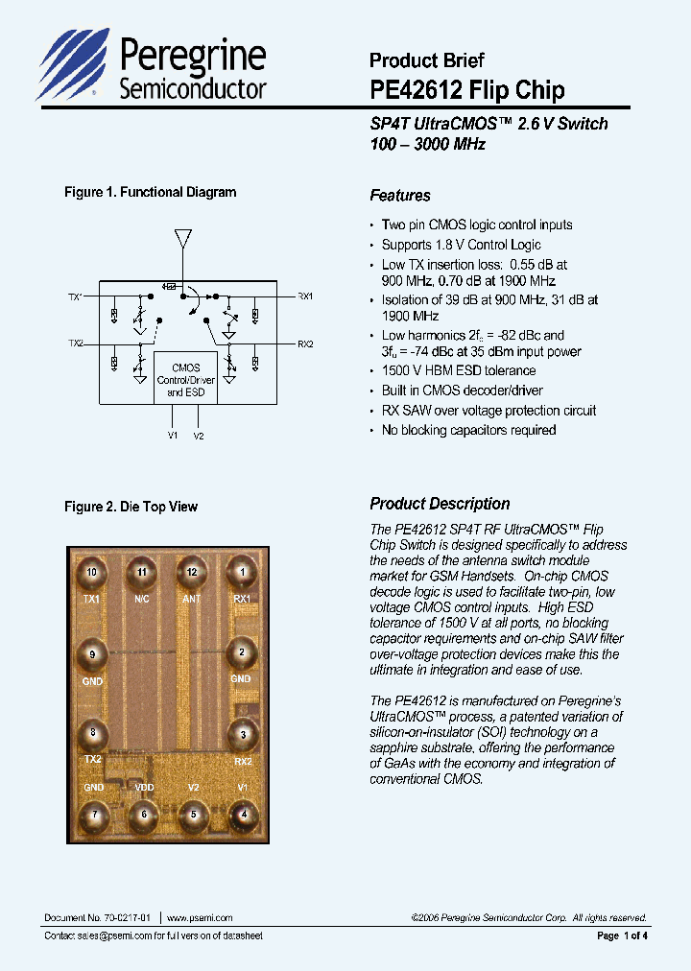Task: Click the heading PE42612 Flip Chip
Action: [x=466, y=90]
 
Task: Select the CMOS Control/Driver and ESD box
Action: [x=185, y=380]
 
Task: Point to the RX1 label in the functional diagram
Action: [x=305, y=296]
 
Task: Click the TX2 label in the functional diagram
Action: [x=76, y=343]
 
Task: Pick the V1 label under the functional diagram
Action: [x=173, y=436]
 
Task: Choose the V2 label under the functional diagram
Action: [x=199, y=436]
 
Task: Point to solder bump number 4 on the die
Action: [x=243, y=814]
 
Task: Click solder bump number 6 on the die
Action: [x=143, y=814]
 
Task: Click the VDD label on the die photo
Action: [x=144, y=787]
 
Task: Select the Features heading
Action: [x=400, y=196]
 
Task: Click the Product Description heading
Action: [x=440, y=504]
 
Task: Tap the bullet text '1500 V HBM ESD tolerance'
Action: [x=459, y=370]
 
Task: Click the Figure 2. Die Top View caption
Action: [x=131, y=507]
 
